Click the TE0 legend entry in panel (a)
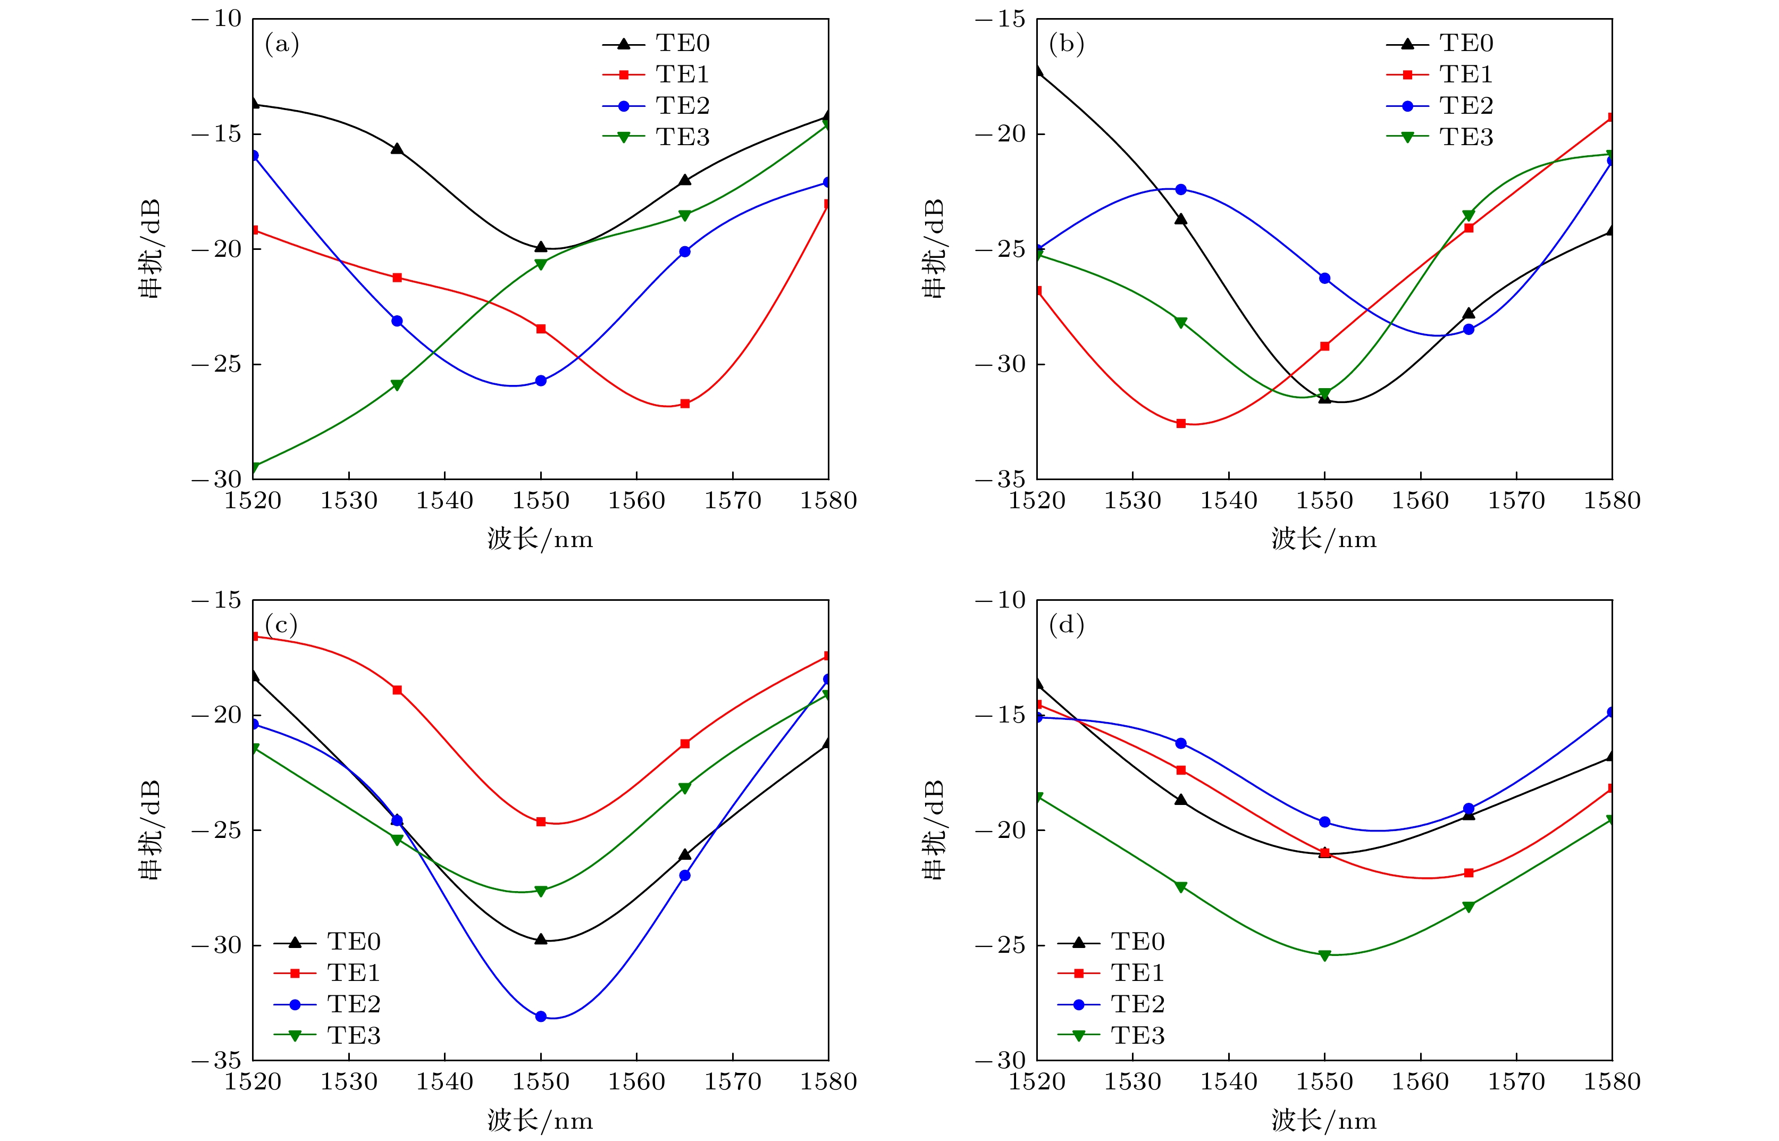click(682, 44)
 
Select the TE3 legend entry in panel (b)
click(1466, 137)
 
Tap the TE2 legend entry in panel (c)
click(354, 1004)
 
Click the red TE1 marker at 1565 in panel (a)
click(685, 404)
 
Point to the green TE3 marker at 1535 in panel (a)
click(397, 384)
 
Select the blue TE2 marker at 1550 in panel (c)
click(541, 1017)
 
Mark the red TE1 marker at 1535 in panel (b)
click(1181, 424)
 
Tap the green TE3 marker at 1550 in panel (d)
click(1325, 956)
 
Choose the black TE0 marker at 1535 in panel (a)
click(397, 149)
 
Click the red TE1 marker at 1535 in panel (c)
click(397, 690)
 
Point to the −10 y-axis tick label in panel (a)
click(217, 19)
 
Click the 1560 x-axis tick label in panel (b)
click(1421, 501)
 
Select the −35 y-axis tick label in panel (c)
click(217, 1060)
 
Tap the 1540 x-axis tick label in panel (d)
click(1229, 1082)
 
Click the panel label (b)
click(1066, 44)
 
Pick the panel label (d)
click(1066, 625)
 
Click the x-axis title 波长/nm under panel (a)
click(540, 539)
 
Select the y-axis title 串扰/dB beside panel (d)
click(934, 830)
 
